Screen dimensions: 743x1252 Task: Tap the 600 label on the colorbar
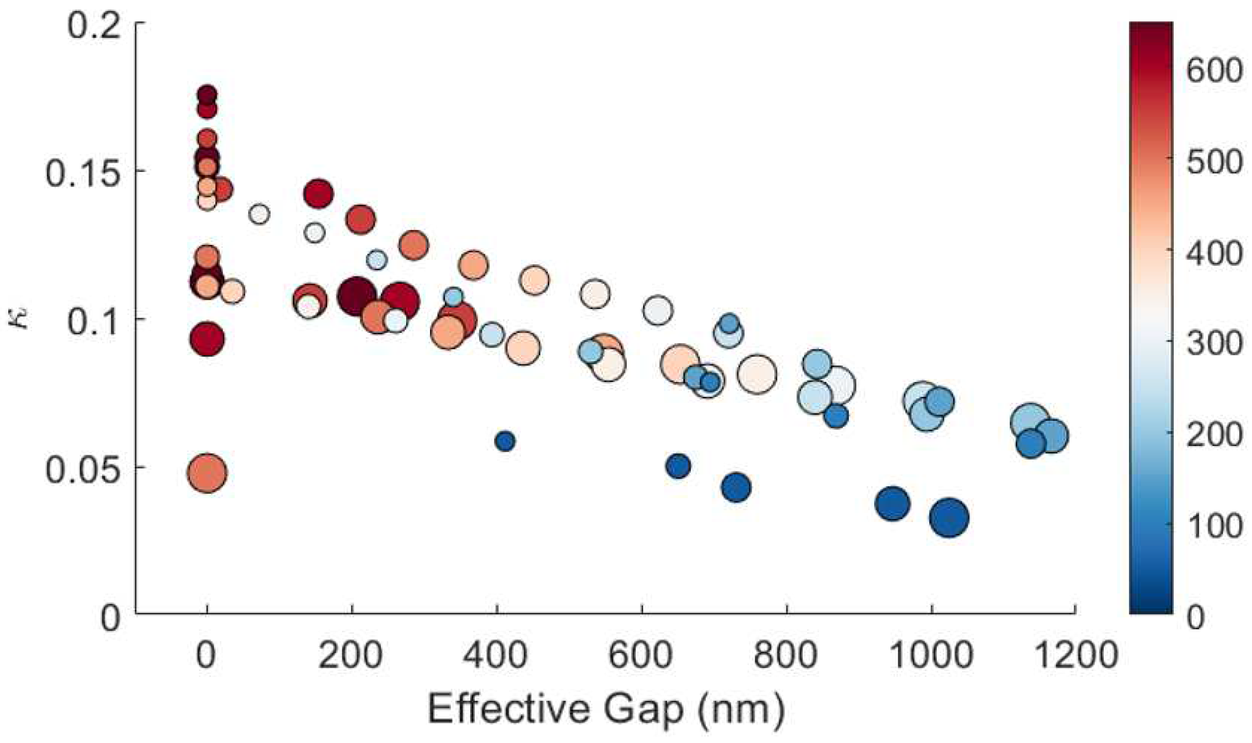coord(1215,70)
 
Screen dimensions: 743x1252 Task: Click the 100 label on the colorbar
coord(1215,526)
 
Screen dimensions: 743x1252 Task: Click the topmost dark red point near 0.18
coord(207,94)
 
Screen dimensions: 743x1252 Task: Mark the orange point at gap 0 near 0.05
coord(207,473)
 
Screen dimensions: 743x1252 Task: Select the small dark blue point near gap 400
coord(505,441)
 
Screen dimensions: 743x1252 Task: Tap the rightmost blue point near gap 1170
coord(1052,435)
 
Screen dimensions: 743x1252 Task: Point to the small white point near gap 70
coord(259,214)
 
